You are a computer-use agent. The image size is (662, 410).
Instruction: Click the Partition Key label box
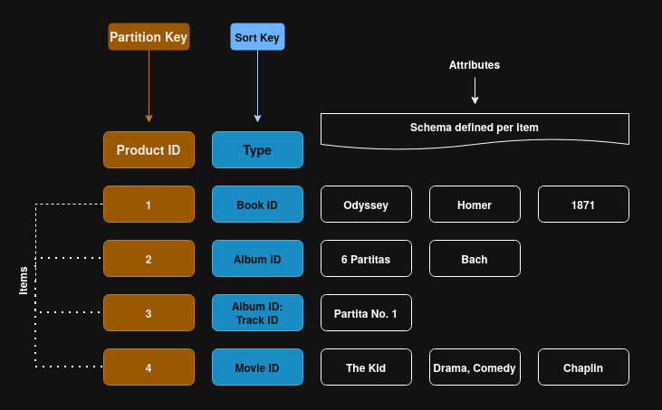(149, 37)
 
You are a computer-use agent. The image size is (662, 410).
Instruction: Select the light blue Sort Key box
(257, 37)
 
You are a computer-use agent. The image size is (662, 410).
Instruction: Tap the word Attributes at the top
(475, 65)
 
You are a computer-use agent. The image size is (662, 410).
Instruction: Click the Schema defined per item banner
(475, 128)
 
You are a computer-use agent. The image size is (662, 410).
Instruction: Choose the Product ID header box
(149, 150)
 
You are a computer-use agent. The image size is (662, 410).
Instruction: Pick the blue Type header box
(257, 150)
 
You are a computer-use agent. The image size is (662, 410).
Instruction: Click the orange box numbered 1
(149, 205)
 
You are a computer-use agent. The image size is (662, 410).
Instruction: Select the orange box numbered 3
(149, 313)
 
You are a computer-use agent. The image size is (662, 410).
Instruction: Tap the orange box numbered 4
(149, 367)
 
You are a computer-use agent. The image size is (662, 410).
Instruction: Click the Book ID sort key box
(257, 205)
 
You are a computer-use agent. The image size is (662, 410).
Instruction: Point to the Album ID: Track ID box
(257, 313)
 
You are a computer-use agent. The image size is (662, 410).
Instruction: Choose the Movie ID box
(257, 367)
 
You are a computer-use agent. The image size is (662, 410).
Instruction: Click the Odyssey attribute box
(366, 205)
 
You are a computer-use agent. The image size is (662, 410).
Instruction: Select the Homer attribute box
(475, 205)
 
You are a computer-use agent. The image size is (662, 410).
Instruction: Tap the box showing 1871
(583, 205)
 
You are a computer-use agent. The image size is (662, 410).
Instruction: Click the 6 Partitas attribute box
(366, 259)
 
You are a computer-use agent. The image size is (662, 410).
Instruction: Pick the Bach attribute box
(475, 259)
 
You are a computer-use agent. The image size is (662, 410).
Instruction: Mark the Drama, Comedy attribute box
(475, 367)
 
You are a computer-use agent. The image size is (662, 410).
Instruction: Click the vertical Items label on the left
(24, 280)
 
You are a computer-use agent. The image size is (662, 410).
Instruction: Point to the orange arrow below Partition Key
(149, 86)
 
